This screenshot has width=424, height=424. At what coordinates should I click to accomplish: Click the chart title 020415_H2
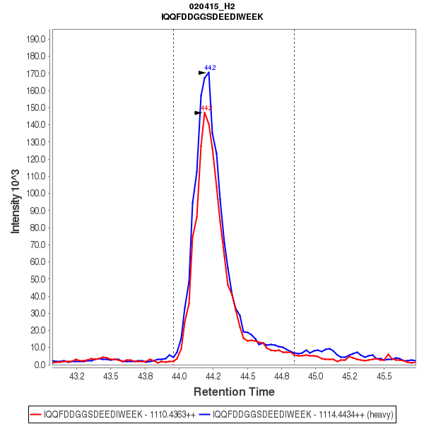point(212,6)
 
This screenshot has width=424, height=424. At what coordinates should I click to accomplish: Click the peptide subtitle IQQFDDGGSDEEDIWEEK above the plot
point(212,16)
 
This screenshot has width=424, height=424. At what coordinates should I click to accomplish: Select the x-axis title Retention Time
point(234,391)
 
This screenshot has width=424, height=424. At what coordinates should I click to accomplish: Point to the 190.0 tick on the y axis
point(37,39)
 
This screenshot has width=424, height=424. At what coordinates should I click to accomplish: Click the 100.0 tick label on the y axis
point(37,193)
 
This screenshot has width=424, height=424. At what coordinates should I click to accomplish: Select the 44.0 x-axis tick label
point(179,376)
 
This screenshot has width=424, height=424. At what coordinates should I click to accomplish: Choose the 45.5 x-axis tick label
point(384,376)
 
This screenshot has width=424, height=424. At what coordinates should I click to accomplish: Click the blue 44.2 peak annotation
point(210,68)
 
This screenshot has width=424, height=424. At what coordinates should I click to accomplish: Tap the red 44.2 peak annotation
point(206,108)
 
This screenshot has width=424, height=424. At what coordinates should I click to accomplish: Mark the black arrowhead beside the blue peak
point(202,72)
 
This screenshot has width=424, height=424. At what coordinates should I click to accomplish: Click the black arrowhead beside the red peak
point(199,112)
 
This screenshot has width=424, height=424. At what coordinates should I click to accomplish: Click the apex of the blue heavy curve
point(208,72)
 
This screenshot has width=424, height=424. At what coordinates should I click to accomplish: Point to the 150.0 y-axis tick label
point(37,107)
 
